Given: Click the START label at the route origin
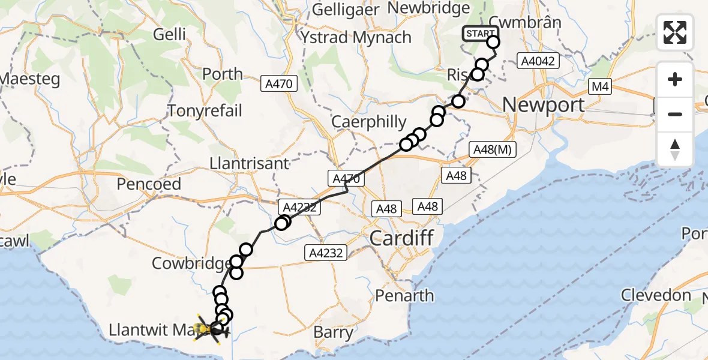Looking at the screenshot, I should coord(479,34).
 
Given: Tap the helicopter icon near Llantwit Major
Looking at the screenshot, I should coord(212,329).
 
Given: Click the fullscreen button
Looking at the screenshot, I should coord(675,32).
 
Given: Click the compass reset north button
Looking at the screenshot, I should coord(675,149).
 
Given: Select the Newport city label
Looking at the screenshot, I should coord(543,105).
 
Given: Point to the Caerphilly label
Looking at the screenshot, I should coord(370,122).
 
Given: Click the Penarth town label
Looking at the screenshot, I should coord(404,295).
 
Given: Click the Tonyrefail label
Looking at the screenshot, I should coord(205,111).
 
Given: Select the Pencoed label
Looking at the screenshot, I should coord(149,184).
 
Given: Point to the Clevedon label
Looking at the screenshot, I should coord(656,295).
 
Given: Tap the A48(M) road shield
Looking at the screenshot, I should coord(492,150).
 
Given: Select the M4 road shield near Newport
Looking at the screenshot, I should coord(600,88).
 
